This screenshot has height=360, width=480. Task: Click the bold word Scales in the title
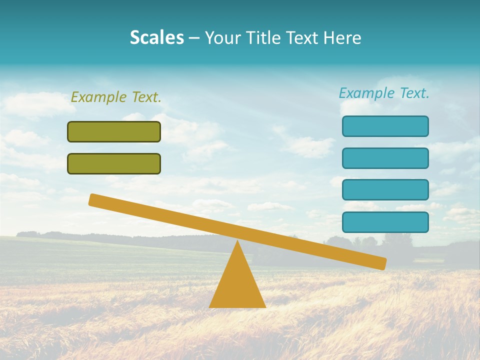(x=156, y=38)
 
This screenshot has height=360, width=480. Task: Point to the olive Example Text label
(x=116, y=97)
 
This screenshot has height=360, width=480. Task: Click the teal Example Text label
(x=384, y=93)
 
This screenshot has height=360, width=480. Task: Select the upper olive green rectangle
(x=114, y=131)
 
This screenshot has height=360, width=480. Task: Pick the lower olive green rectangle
(x=114, y=163)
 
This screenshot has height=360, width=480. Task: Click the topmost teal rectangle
(x=385, y=126)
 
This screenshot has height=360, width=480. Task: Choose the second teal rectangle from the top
(x=385, y=158)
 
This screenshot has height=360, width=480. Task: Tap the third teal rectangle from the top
(x=385, y=190)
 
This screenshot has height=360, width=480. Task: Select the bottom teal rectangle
(x=385, y=222)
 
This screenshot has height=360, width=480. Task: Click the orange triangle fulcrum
(x=237, y=285)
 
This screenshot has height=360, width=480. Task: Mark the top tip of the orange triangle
(x=237, y=242)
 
